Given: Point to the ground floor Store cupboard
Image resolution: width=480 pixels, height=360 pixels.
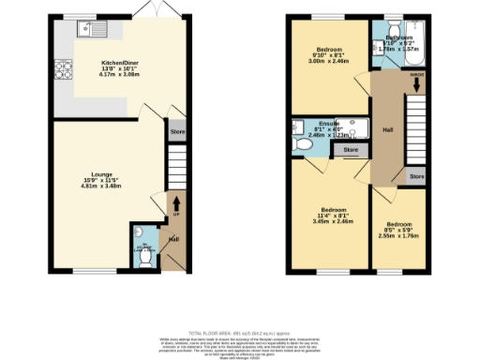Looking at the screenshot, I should click(177, 132).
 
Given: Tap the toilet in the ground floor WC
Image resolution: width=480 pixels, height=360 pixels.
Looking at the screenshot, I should click(142, 249).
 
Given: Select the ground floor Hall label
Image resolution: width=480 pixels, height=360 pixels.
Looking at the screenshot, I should click(173, 239).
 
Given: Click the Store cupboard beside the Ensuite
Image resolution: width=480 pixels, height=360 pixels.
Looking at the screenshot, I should click(351, 149).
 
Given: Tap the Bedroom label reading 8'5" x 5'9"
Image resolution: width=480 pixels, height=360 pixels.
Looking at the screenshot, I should click(400, 230).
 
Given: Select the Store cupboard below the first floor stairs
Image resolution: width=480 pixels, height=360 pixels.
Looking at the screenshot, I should click(416, 175).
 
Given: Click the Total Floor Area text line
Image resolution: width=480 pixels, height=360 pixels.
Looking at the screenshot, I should click(240, 333).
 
